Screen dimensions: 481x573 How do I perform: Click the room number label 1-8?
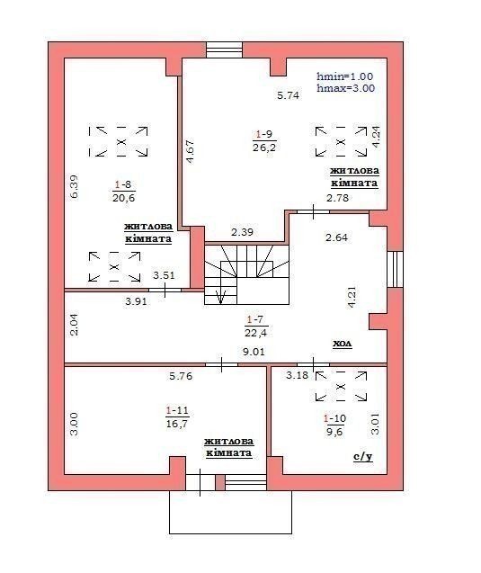pos(123,184)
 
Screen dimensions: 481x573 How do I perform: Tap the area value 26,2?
pos(264,148)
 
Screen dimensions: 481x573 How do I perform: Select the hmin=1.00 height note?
pos(345,76)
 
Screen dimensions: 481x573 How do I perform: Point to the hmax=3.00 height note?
pos(346,88)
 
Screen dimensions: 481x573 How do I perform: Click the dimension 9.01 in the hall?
pos(254,352)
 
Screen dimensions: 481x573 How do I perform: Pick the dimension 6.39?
pos(74,187)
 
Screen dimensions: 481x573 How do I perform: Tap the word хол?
pos(343,344)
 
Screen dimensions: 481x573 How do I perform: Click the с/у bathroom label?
pos(362,457)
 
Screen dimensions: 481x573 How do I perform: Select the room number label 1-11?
pos(177,410)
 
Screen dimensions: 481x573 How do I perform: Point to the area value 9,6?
pos(334,432)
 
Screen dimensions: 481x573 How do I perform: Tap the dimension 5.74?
pos(289,95)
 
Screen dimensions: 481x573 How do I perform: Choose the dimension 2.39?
pos(242,232)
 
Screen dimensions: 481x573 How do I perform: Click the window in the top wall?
pos(224,50)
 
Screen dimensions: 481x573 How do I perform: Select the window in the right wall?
pos(395,269)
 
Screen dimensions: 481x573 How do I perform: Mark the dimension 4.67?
pos(190,151)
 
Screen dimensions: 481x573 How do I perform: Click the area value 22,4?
pos(255,332)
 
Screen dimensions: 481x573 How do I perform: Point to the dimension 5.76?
pos(181,376)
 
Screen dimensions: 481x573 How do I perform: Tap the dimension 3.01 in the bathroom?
pos(375,424)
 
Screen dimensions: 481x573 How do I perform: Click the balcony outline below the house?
pos(230,533)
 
